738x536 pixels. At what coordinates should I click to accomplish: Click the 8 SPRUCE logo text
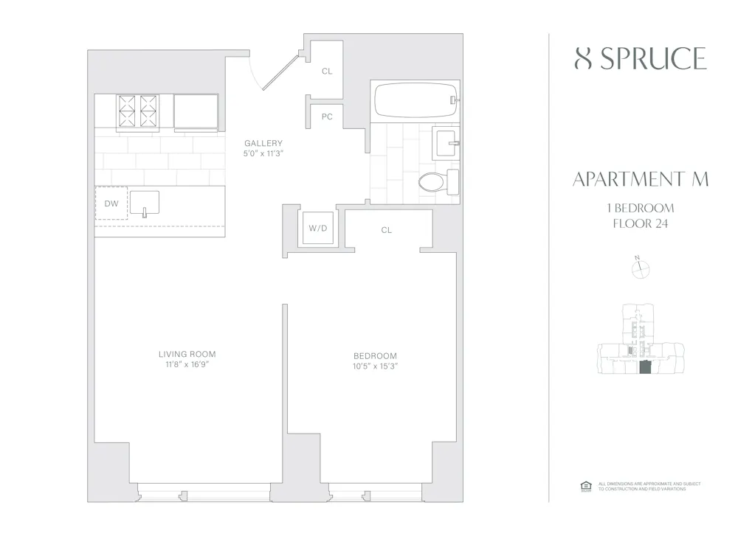click(640, 59)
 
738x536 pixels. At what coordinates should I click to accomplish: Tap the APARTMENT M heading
click(640, 180)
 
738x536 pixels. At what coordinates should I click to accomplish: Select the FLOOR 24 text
click(640, 224)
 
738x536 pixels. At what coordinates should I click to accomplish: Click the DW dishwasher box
click(111, 203)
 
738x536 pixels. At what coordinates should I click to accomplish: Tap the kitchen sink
click(145, 202)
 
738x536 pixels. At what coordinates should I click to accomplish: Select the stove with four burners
click(138, 111)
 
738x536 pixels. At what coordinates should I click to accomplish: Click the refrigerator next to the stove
click(196, 111)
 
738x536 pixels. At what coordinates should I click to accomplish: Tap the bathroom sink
click(445, 142)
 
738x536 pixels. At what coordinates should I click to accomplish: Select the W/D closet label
click(317, 229)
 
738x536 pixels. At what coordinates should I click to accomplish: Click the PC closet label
click(326, 117)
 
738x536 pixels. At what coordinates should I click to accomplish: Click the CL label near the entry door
click(326, 72)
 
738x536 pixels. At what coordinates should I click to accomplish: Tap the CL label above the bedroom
click(387, 231)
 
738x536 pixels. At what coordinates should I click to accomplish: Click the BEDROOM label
click(375, 355)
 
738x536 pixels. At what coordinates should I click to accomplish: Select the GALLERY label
click(263, 143)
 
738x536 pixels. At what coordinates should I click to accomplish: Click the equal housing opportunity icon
click(587, 485)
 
